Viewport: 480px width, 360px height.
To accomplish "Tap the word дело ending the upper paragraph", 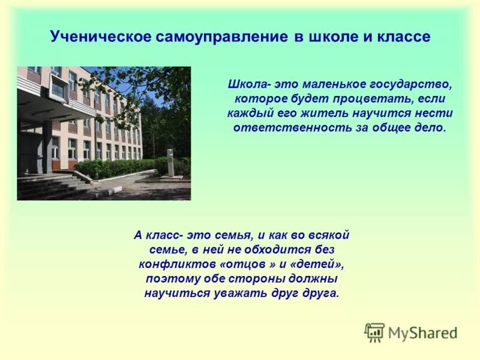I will pyautogui.click(x=431, y=128).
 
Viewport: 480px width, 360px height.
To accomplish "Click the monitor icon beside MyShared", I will pyautogui.click(x=374, y=332).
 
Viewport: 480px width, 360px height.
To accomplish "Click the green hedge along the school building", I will pyautogui.click(x=120, y=168).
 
